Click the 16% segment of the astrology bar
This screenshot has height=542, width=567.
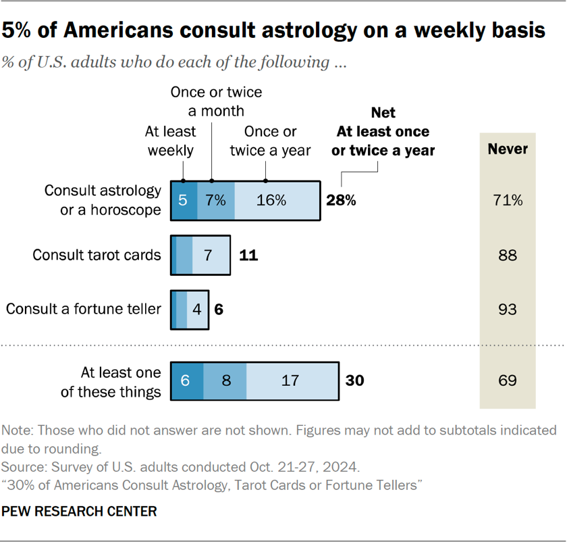277,201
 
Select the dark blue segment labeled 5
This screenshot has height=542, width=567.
184,201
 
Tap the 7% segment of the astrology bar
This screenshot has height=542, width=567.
216,201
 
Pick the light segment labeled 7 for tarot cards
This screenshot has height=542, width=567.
209,255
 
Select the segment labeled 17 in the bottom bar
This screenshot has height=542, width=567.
290,380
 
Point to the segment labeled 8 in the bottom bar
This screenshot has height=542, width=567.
226,380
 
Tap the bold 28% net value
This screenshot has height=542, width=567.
341,201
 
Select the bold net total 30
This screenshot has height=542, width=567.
354,380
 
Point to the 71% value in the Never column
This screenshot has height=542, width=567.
508,201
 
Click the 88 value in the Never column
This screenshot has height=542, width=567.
508,255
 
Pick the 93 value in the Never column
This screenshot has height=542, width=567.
508,310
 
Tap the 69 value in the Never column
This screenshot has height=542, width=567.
508,380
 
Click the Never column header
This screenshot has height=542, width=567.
508,149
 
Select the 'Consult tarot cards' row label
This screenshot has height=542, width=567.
97,255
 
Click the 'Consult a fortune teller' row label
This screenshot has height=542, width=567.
84,310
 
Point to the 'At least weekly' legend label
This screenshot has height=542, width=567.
171,140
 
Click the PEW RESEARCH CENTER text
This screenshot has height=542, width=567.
80,512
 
